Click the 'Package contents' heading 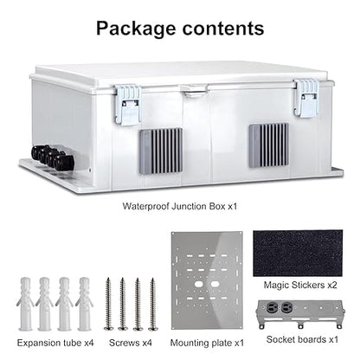pos(180,29)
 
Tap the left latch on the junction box pos(127,105)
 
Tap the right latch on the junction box pos(306,98)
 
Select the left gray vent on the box pos(161,151)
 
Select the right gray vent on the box pos(269,145)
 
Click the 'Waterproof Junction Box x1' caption pos(180,206)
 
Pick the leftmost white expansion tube pos(26,304)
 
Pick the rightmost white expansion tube pos(85,304)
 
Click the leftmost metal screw pos(108,304)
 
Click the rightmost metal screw pos(152,305)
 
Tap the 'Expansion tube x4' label pos(55,343)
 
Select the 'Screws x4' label pos(131,343)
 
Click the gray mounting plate pos(207,280)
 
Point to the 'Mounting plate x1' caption pos(207,343)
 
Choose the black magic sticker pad pos(298,254)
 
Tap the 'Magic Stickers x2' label pos(300,286)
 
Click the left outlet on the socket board pos(272,307)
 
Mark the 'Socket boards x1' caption pos(302,339)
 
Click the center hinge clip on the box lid pos(194,90)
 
